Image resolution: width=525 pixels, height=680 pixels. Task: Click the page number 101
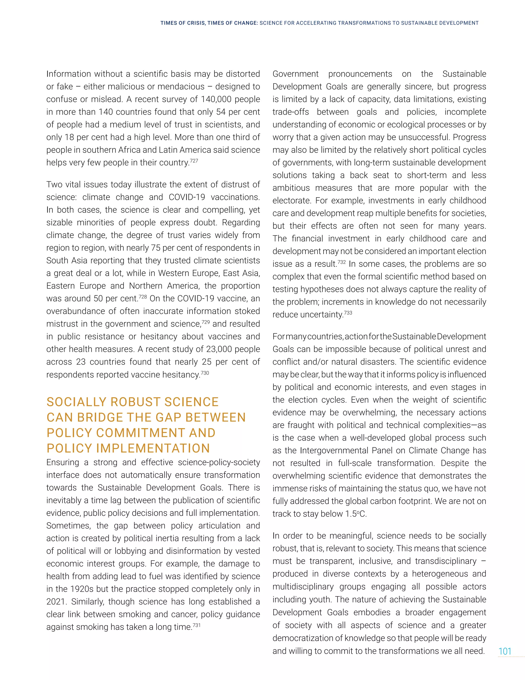point(505,651)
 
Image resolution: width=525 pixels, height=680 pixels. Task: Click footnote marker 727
point(194,160)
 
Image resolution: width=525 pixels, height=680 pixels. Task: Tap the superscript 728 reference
point(143,296)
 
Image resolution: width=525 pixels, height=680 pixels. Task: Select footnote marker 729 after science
point(206,322)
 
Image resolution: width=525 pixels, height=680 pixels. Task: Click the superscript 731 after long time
point(197,625)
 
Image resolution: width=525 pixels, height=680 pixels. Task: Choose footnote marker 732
point(341,262)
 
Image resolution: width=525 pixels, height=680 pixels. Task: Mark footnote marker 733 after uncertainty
point(348,313)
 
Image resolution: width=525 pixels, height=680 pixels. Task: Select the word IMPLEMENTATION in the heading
point(153,448)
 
